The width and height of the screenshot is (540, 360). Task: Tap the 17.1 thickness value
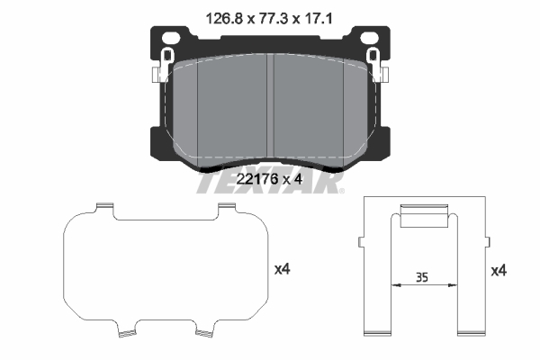click(318, 18)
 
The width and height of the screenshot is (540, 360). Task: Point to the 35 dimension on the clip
click(421, 277)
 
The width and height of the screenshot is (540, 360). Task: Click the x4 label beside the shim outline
click(282, 269)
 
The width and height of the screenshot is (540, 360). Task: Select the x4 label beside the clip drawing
click(499, 271)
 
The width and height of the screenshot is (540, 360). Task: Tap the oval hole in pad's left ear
click(171, 38)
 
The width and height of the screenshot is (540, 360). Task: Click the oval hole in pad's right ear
click(369, 38)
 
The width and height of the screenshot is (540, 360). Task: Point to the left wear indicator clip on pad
click(163, 65)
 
